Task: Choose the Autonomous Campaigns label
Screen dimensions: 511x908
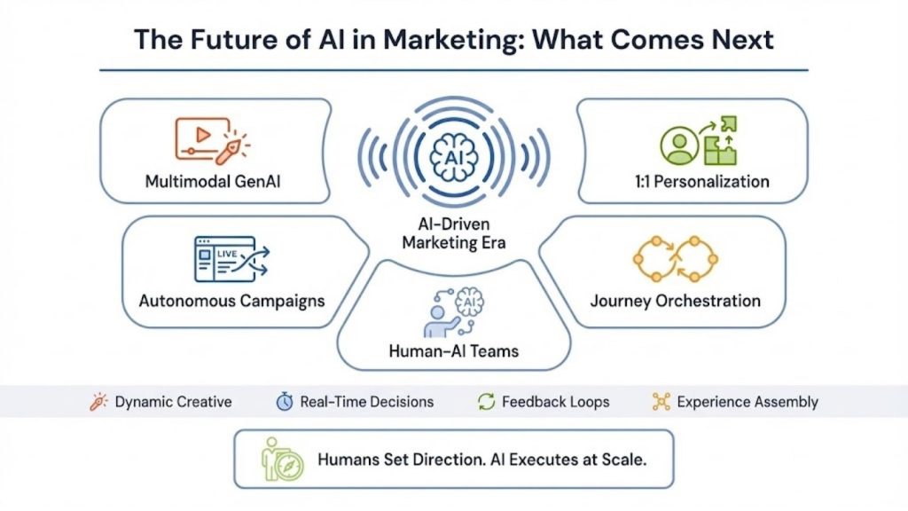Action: pos(231,300)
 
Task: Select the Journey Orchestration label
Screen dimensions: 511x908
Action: pos(675,300)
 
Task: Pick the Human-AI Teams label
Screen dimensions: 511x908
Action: pos(453,350)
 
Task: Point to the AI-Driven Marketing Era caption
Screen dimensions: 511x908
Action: pos(453,234)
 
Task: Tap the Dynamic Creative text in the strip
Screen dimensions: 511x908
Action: pos(173,402)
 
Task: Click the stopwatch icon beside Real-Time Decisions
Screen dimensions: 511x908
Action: pos(284,402)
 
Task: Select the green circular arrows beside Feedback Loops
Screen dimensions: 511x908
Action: pos(486,402)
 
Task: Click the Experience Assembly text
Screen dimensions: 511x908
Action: pos(747,402)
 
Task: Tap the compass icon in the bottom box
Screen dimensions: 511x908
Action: pos(288,463)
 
